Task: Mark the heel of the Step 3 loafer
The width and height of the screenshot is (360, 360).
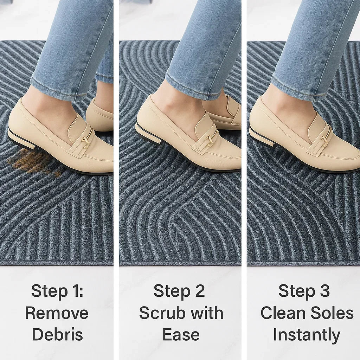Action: tap(261, 137)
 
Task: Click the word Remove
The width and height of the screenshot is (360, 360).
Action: tap(57, 313)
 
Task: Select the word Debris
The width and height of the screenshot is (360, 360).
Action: tap(57, 334)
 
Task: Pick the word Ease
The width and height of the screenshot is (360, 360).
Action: tap(181, 334)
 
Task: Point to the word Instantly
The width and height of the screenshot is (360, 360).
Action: tap(306, 335)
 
